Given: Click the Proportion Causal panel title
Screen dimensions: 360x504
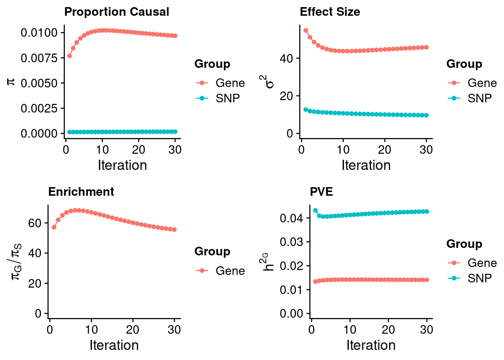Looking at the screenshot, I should pyautogui.click(x=117, y=12).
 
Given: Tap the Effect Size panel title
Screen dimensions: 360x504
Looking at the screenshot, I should pyautogui.click(x=330, y=12).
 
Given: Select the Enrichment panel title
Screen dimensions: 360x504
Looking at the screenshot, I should pyautogui.click(x=81, y=192).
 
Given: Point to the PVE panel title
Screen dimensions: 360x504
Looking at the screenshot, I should pyautogui.click(x=321, y=192).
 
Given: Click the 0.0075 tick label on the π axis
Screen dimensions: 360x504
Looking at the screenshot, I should pyautogui.click(x=39, y=58).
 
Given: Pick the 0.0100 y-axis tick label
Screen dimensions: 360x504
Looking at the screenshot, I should pyautogui.click(x=39, y=33).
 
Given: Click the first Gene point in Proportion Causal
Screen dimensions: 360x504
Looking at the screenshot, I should pyautogui.click(x=69, y=56).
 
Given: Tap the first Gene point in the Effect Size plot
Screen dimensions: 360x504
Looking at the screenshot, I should pyautogui.click(x=306, y=30).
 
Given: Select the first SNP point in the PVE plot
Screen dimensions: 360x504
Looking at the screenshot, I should pyautogui.click(x=315, y=210).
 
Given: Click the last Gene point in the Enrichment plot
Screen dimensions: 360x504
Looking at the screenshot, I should pyautogui.click(x=174, y=229).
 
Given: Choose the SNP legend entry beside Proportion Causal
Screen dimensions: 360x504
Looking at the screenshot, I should pyautogui.click(x=220, y=98).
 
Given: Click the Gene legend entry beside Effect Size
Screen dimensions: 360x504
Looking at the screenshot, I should pyautogui.click(x=472, y=83).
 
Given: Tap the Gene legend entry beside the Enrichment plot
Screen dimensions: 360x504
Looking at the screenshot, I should pyautogui.click(x=220, y=271).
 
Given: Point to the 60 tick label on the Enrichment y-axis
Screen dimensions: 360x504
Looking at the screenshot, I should pyautogui.click(x=35, y=223).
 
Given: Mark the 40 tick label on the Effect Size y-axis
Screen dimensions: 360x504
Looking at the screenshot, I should pyautogui.click(x=287, y=58).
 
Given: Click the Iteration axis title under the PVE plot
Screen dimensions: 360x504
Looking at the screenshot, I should pyautogui.click(x=371, y=345).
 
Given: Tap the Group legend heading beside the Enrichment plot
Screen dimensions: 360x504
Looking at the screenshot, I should pyautogui.click(x=212, y=252).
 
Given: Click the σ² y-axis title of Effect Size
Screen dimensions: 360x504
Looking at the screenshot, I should pyautogui.click(x=268, y=81).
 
